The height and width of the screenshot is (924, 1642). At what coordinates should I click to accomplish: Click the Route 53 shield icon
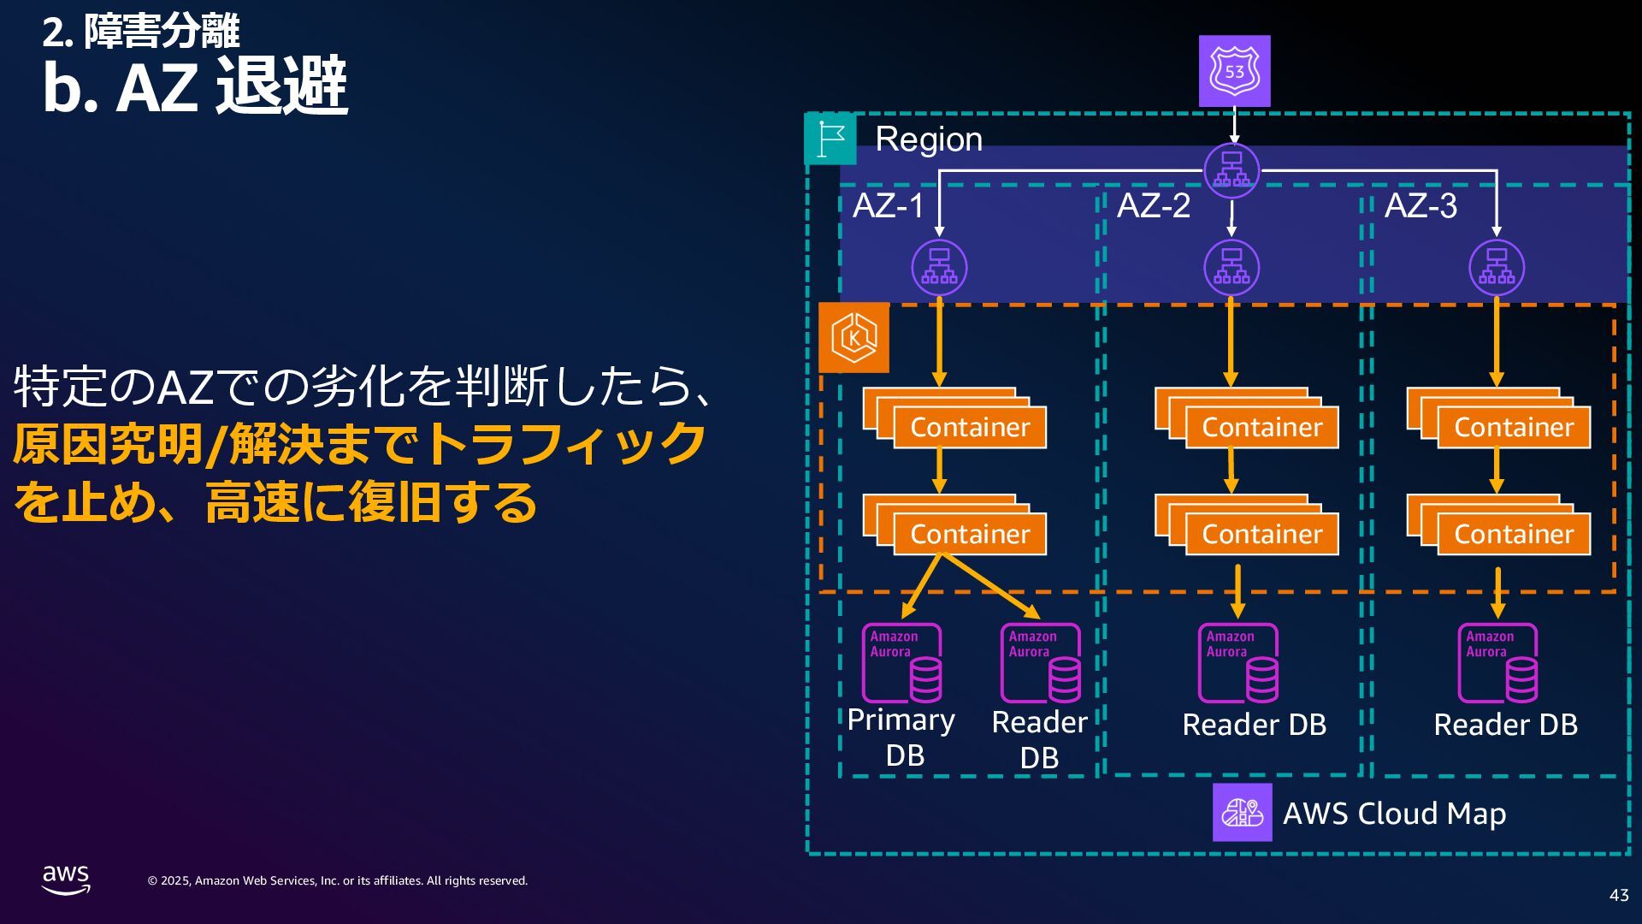[1234, 71]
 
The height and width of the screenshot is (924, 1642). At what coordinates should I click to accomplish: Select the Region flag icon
[830, 139]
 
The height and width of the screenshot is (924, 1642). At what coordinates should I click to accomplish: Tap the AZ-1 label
[889, 205]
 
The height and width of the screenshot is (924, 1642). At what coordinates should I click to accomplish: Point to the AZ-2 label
[1153, 205]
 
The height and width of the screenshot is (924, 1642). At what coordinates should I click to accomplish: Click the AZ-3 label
[1421, 205]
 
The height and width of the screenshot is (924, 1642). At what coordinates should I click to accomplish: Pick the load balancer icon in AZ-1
[939, 268]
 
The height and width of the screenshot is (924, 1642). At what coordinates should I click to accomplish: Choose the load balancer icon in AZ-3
[1497, 268]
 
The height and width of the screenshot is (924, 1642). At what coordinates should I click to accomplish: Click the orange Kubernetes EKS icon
[853, 338]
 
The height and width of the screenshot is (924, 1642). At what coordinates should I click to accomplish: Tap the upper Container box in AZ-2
[1247, 418]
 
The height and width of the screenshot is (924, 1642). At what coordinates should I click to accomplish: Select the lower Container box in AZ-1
[954, 524]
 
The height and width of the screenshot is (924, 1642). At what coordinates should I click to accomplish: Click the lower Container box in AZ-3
[1498, 524]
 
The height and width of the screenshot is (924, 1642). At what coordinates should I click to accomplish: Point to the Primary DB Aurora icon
[902, 663]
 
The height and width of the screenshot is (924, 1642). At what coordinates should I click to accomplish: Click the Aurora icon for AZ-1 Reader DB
[1041, 663]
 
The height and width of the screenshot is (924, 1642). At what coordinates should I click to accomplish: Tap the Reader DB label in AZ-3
[1505, 725]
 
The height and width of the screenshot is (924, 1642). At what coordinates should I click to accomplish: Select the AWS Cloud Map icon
[1242, 812]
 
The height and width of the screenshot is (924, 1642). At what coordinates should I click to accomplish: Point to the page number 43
[1619, 895]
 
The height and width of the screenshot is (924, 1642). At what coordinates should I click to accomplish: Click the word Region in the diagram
[929, 139]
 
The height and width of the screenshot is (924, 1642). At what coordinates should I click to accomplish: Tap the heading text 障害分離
[162, 32]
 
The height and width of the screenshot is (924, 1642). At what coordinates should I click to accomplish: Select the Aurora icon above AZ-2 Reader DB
[1238, 663]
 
